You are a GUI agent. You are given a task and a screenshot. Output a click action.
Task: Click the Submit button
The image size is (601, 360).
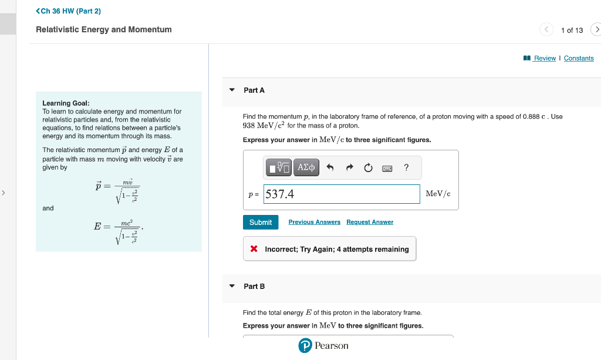(x=261, y=222)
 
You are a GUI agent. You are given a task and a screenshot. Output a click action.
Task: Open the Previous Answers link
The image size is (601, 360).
(x=314, y=222)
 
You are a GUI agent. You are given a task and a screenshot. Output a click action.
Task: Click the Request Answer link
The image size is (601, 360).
(x=370, y=222)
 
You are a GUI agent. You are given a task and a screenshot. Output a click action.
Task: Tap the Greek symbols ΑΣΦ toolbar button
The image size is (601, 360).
(x=306, y=167)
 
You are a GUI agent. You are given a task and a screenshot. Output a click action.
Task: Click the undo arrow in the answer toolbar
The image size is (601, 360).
(x=330, y=168)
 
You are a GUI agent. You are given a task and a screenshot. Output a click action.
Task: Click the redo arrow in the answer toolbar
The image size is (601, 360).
(x=349, y=168)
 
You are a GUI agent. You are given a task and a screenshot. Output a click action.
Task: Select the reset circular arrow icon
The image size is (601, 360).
(x=368, y=168)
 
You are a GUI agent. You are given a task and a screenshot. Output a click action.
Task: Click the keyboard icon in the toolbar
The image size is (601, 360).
(x=387, y=168)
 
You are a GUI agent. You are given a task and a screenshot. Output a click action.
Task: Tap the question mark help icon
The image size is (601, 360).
(x=406, y=167)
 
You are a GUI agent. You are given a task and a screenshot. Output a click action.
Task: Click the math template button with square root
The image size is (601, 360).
(x=279, y=167)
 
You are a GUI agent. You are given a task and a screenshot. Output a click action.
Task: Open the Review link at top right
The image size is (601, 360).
(x=544, y=58)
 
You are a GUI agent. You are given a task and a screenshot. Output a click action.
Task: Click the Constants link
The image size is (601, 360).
(x=579, y=58)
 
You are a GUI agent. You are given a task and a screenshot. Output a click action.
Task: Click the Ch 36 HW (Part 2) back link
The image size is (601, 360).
(x=68, y=11)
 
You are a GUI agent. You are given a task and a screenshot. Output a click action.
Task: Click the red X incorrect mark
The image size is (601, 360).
(x=254, y=249)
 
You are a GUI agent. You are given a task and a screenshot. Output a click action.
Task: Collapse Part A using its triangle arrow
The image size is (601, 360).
(x=232, y=90)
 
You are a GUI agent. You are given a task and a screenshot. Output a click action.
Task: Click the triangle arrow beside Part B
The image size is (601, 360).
(x=232, y=286)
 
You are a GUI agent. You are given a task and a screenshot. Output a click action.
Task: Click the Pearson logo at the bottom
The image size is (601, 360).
(x=323, y=346)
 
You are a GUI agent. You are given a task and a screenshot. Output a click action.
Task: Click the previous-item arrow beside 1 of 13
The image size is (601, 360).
(x=546, y=29)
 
